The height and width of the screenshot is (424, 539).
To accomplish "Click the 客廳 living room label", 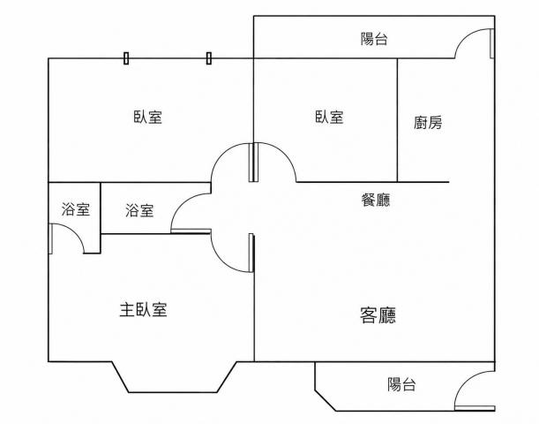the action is (x=378, y=314).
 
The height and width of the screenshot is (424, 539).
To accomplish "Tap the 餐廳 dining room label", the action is (x=376, y=200).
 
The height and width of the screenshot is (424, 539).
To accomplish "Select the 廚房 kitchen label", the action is (x=428, y=123).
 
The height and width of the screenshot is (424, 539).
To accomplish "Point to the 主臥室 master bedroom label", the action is (x=143, y=310).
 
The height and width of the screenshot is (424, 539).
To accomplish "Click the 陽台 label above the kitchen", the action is (x=374, y=39).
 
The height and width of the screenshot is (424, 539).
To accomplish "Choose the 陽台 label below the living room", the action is (x=401, y=384).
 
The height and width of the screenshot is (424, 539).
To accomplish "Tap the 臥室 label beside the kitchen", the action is (x=329, y=117).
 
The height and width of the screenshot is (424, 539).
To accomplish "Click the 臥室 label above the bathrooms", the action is (x=148, y=117).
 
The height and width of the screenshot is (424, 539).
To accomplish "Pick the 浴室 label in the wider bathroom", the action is (x=139, y=210).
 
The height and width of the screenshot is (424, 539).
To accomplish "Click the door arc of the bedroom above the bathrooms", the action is (x=222, y=153).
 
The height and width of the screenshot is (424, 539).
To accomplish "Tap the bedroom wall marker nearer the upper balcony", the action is (x=209, y=58).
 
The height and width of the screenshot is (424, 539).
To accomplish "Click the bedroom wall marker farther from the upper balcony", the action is (x=126, y=58).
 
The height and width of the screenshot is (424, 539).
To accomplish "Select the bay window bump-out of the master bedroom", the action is (x=173, y=392).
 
